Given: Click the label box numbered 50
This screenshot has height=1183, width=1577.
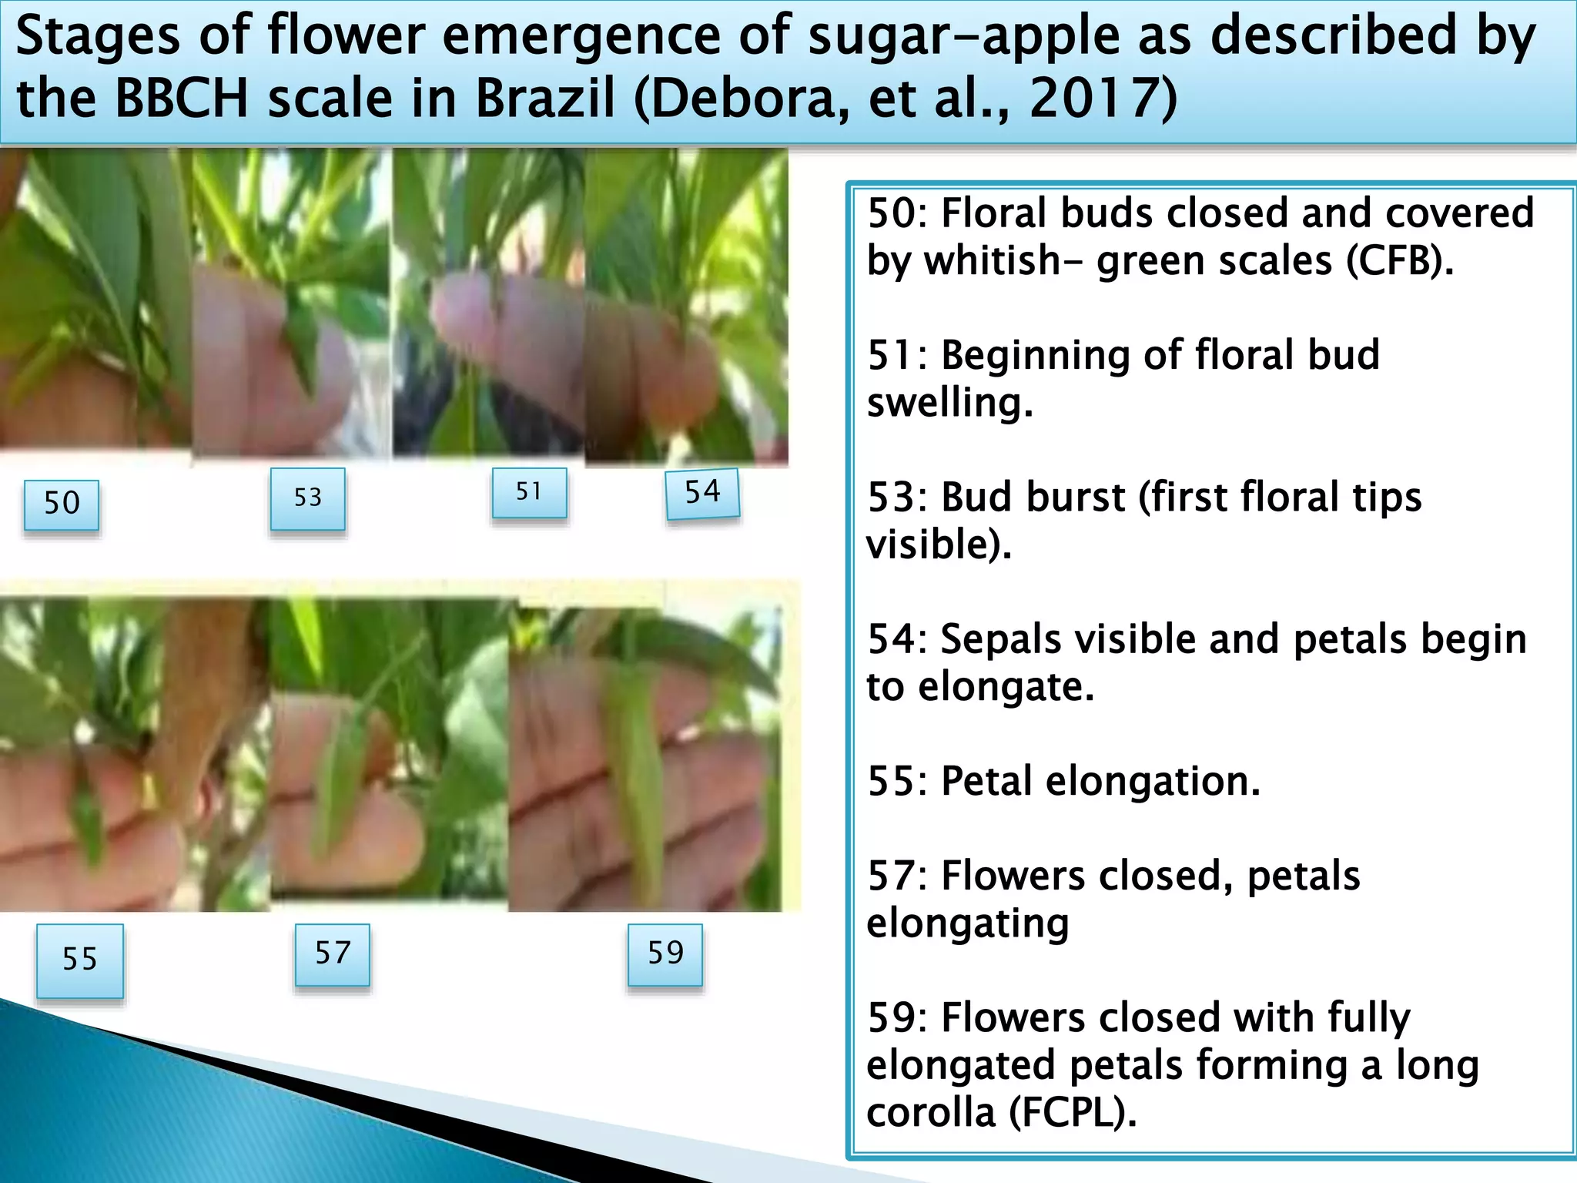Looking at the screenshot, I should (x=62, y=504).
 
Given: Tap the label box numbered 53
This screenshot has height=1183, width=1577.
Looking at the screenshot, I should (x=307, y=498).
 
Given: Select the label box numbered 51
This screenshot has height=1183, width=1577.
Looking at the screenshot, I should (x=529, y=492).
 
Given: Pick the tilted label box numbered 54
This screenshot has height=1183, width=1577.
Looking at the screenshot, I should (x=702, y=493).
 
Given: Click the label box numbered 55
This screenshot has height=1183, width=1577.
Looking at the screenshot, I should (x=80, y=960).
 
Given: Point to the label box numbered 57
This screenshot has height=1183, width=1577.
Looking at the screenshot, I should (x=333, y=954).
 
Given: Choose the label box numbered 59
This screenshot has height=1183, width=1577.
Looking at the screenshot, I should (x=665, y=954).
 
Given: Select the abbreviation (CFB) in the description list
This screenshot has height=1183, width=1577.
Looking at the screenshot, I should (x=1399, y=261).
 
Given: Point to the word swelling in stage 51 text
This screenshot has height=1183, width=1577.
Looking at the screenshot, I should (x=949, y=403).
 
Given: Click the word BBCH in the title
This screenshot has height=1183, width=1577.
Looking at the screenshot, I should (x=182, y=99).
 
